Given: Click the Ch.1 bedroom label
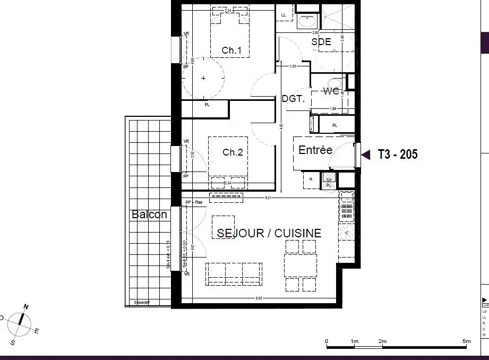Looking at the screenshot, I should [231, 50].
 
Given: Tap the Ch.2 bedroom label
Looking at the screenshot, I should [233, 152].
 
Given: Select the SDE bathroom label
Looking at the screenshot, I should [321, 41].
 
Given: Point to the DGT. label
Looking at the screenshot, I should [293, 99].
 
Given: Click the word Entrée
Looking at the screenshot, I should [315, 150].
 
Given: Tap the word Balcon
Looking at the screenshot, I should [149, 215].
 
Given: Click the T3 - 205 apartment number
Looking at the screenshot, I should [398, 155].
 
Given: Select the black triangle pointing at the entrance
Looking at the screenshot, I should [366, 155].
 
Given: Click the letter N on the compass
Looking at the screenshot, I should [25, 307].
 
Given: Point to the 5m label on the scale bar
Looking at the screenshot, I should [466, 341].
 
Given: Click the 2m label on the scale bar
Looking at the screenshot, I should [382, 341].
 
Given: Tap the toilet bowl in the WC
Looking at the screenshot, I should [334, 84].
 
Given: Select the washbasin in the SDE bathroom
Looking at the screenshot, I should [306, 21].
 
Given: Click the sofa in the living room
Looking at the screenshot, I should [234, 273].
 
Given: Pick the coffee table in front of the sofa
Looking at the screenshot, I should [223, 227].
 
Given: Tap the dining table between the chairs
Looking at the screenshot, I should [301, 265].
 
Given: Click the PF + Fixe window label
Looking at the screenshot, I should [194, 202].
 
